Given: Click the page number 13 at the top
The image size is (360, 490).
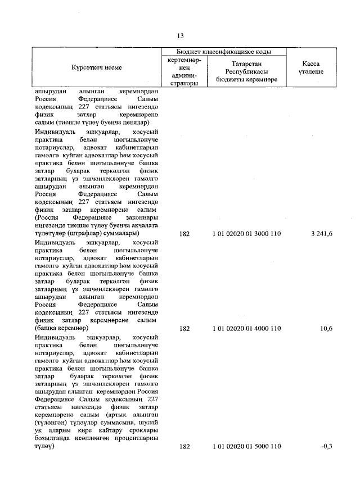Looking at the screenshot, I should click(180, 37).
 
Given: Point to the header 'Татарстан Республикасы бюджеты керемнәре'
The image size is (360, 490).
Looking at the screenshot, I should click(246, 72).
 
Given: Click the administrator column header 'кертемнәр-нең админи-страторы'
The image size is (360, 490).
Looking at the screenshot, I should click(184, 71).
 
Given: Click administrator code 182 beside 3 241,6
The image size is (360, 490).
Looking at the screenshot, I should click(184, 234).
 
